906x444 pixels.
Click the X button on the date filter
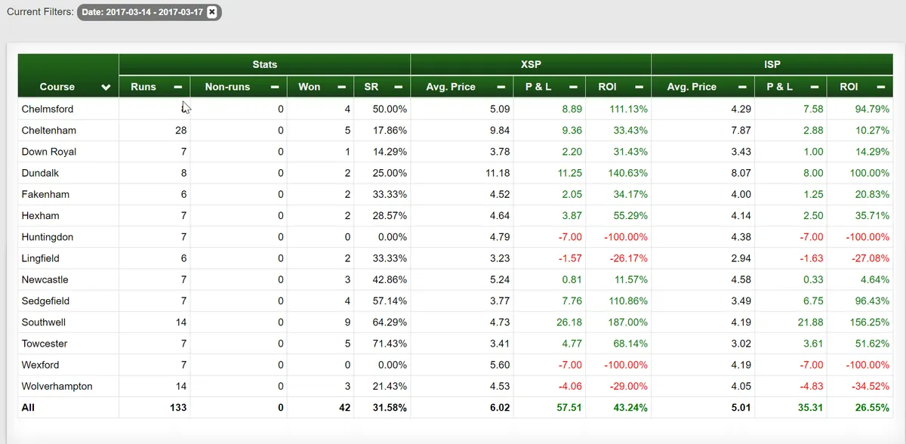211,12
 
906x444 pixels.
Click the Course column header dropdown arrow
106,87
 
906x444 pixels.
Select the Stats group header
264,64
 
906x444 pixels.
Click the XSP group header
531,64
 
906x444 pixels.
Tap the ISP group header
772,64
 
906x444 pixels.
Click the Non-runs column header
227,87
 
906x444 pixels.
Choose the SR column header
371,87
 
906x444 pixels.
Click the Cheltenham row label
48,130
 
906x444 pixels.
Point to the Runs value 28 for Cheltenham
180,130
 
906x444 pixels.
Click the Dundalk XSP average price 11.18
498,173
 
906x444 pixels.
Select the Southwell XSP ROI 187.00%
627,322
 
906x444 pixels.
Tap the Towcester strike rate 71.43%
390,344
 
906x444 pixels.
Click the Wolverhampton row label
57,386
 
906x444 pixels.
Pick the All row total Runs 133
178,408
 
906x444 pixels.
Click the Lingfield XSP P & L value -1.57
570,258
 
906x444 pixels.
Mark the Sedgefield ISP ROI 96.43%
872,301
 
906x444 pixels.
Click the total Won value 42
344,408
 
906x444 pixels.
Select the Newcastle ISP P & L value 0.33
814,279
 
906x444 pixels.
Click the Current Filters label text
40,12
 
